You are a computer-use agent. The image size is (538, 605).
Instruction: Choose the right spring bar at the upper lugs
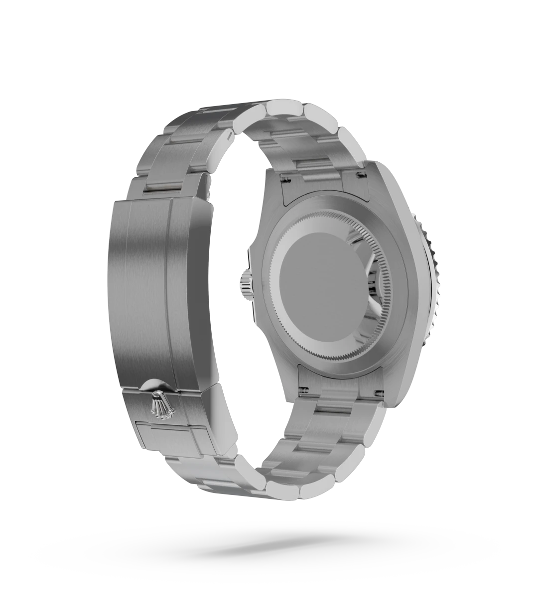point(359,174)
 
